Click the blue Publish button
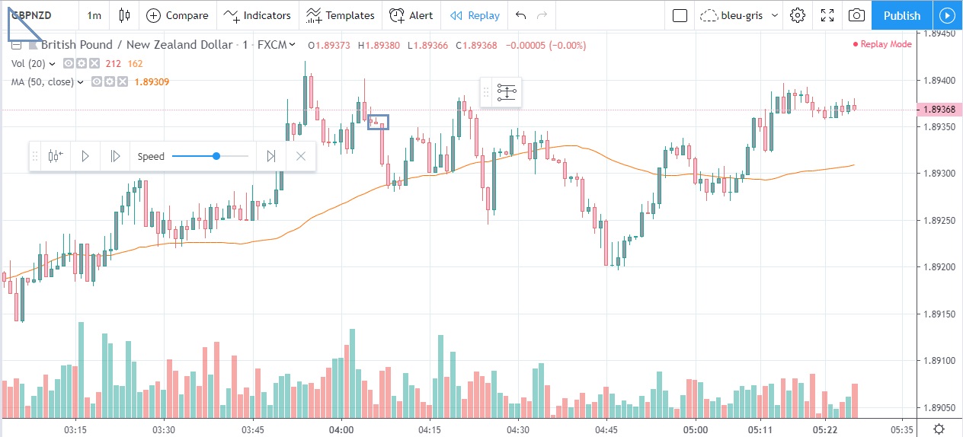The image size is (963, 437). [902, 15]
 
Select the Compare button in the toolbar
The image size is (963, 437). [178, 15]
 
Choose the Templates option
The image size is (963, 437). [341, 15]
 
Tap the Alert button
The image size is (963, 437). [411, 15]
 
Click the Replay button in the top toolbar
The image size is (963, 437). [475, 15]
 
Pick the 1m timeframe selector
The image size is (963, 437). [94, 15]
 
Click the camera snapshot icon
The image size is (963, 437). [856, 15]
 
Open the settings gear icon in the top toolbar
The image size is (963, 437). [798, 15]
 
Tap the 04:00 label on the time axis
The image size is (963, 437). [341, 429]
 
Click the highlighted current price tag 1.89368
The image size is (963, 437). [938, 110]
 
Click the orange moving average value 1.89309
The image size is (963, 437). [152, 82]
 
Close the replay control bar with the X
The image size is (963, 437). [301, 156]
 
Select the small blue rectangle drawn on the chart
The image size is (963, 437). [379, 122]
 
